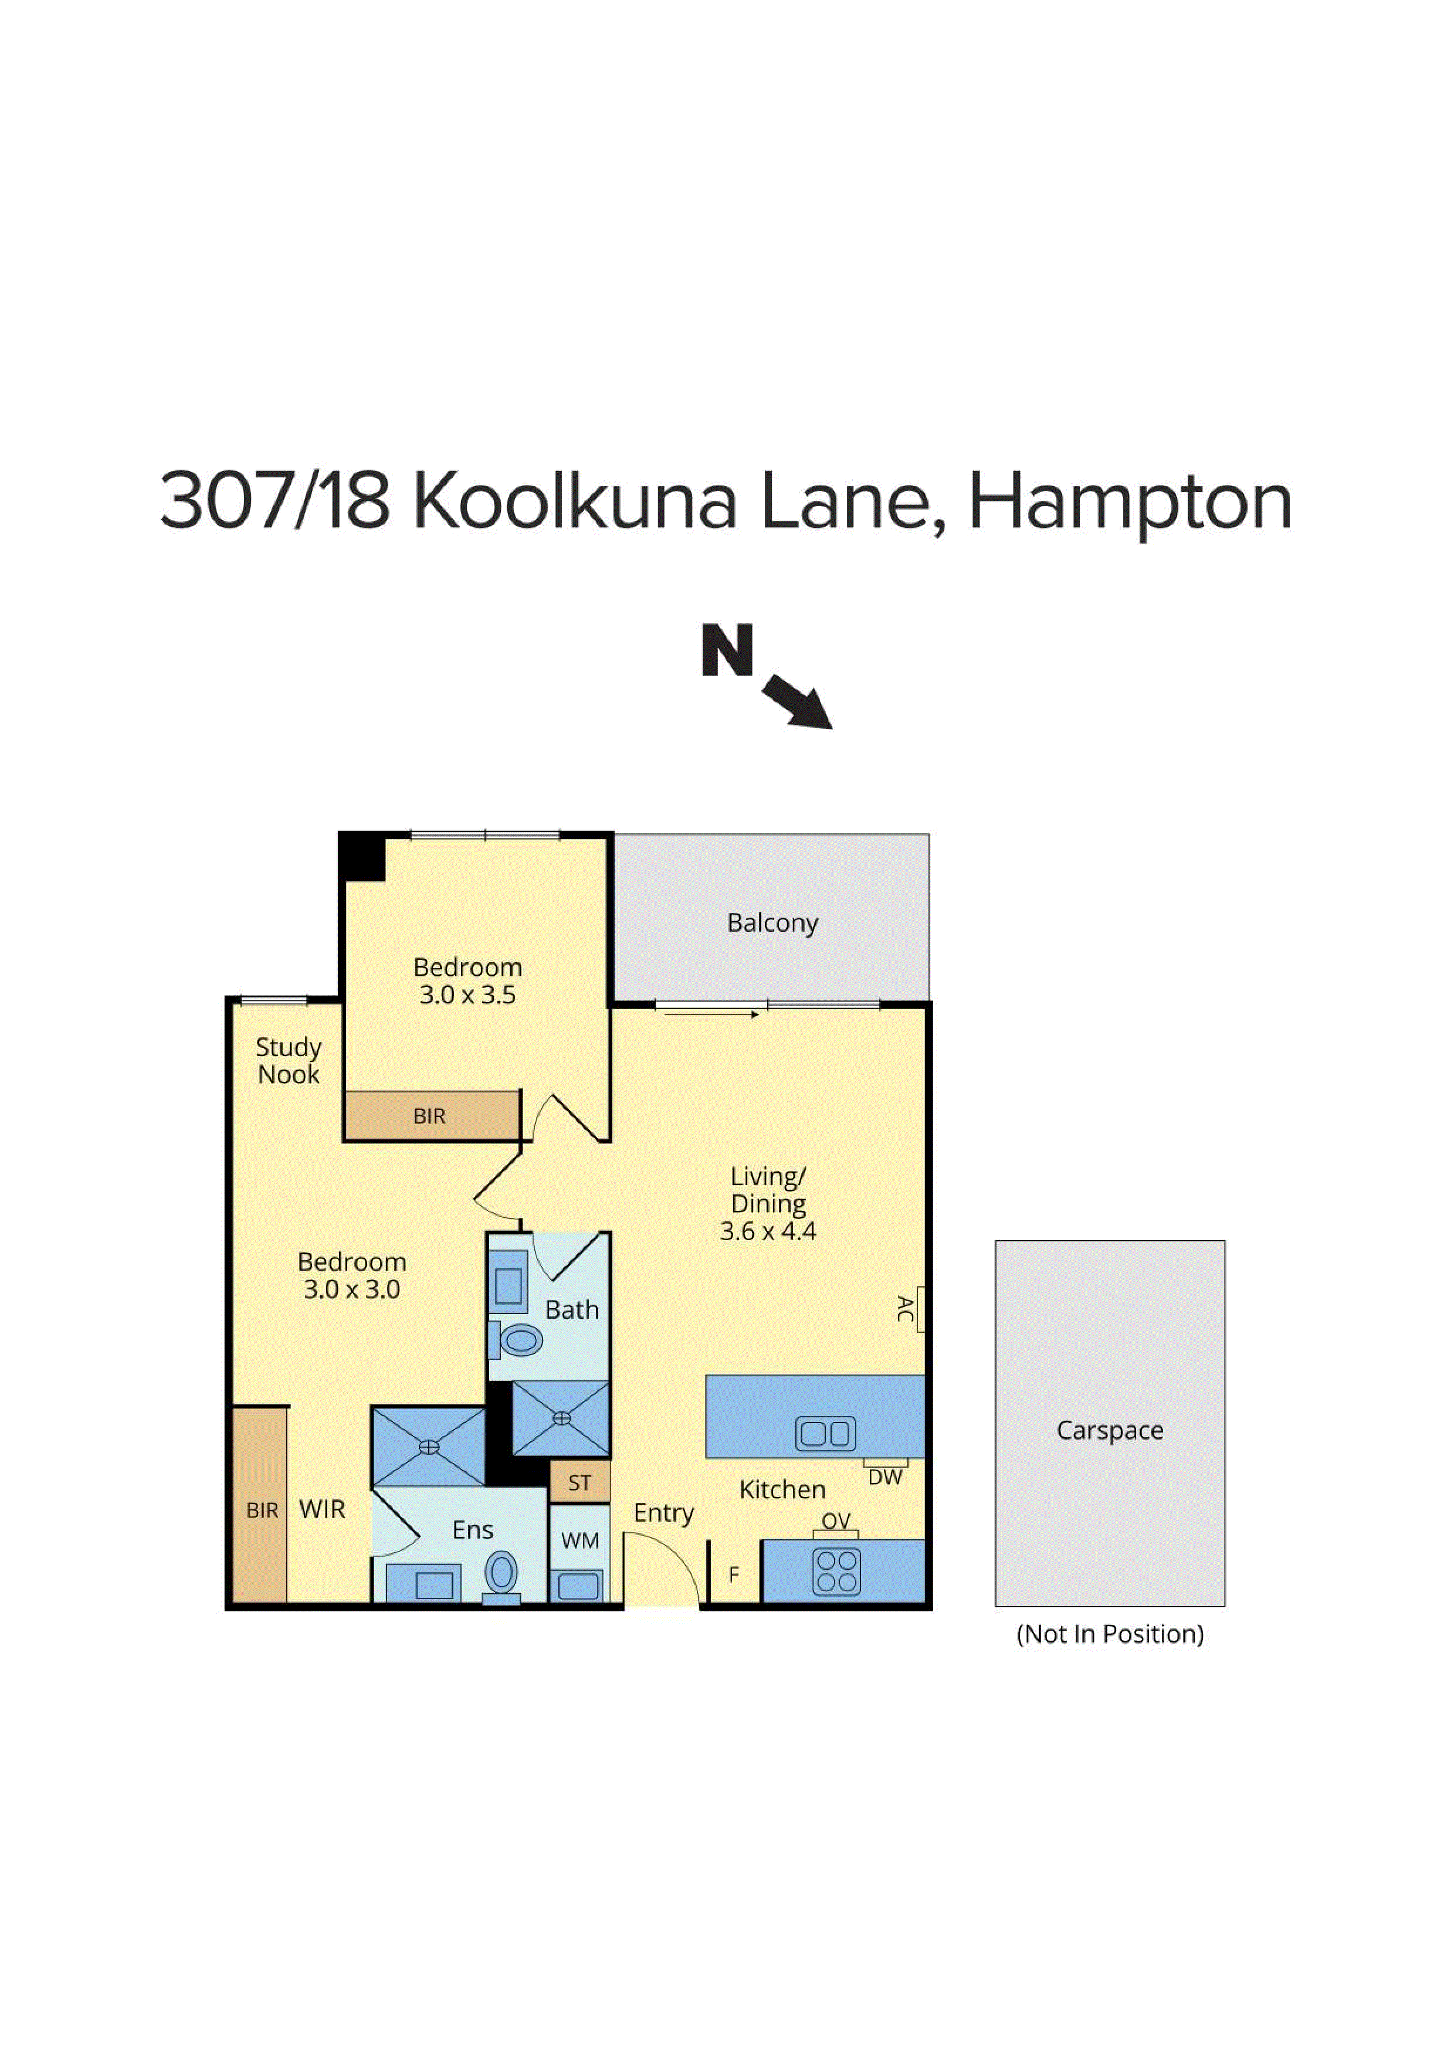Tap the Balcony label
(x=772, y=923)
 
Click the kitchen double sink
(x=825, y=1434)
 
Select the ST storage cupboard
(x=579, y=1483)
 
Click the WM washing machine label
(x=579, y=1541)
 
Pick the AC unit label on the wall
(x=905, y=1309)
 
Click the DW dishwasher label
(x=885, y=1478)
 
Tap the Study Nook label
(x=289, y=1061)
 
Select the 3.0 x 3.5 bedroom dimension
(x=467, y=995)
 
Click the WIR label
(x=321, y=1509)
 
